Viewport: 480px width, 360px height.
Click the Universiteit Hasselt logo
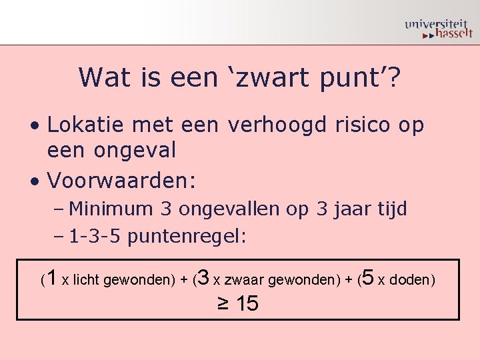[x=438, y=29]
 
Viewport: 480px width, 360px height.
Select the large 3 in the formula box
[x=205, y=277]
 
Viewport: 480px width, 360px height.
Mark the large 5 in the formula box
[x=369, y=277]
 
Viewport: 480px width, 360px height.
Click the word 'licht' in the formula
[x=85, y=280]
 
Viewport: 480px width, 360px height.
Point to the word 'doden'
[x=409, y=280]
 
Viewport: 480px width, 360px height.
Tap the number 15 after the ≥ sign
[x=247, y=304]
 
